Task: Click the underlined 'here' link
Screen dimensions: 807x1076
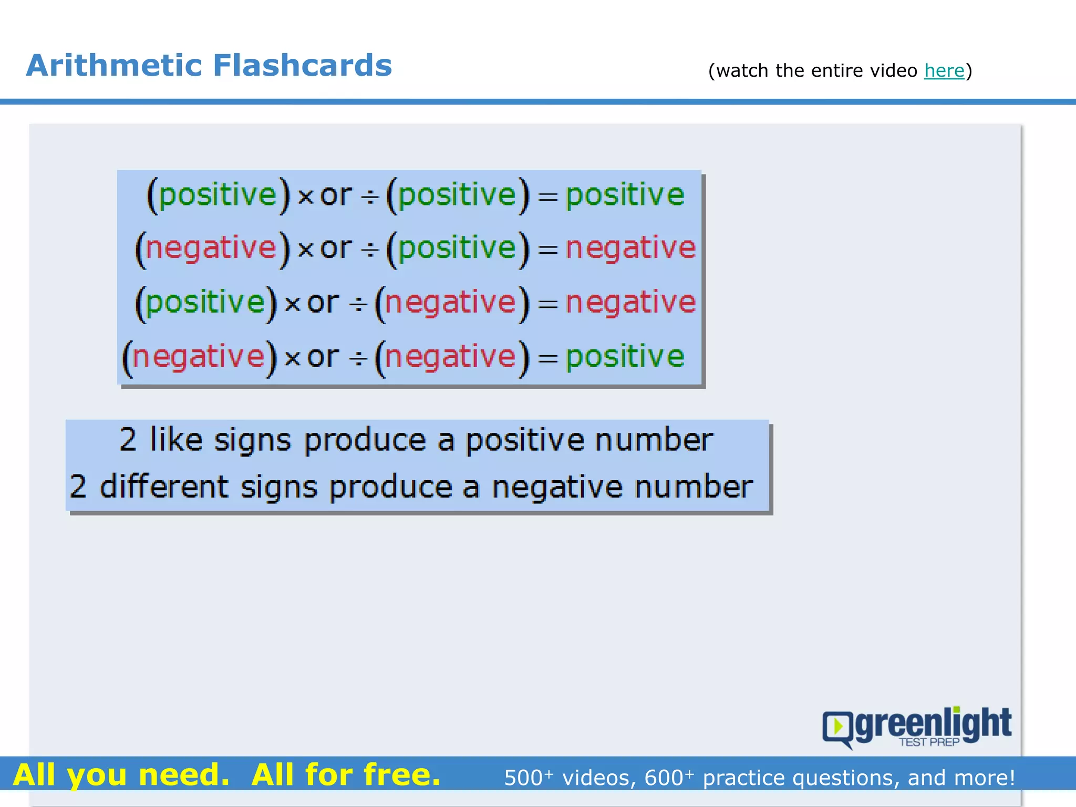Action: pyautogui.click(x=944, y=70)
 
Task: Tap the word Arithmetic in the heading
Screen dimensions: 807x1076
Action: pyautogui.click(x=114, y=66)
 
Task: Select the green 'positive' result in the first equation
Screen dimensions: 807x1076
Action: pyautogui.click(x=625, y=195)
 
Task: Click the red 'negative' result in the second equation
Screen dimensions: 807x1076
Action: pyautogui.click(x=630, y=248)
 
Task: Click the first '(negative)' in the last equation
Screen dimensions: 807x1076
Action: pyautogui.click(x=199, y=357)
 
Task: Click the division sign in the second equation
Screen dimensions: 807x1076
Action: pyautogui.click(x=370, y=250)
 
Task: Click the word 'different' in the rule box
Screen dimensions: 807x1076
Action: pyautogui.click(x=164, y=487)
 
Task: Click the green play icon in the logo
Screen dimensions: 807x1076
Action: pyautogui.click(x=838, y=727)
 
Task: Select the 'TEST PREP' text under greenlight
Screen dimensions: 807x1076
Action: pyautogui.click(x=929, y=742)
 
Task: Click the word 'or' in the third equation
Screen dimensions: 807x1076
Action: pyautogui.click(x=323, y=303)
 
